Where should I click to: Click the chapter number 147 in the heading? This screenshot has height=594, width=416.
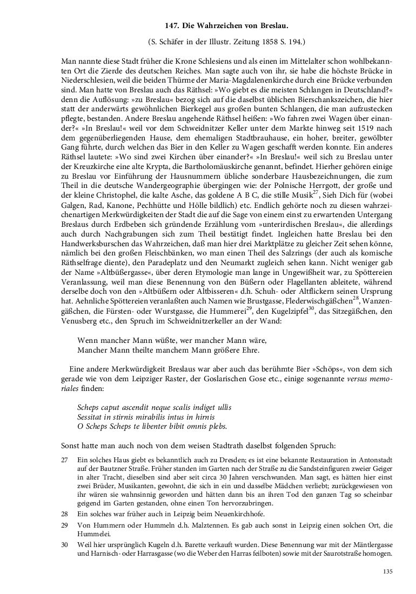(x=172, y=25)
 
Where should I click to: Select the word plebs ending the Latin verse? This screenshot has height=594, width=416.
(x=217, y=426)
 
